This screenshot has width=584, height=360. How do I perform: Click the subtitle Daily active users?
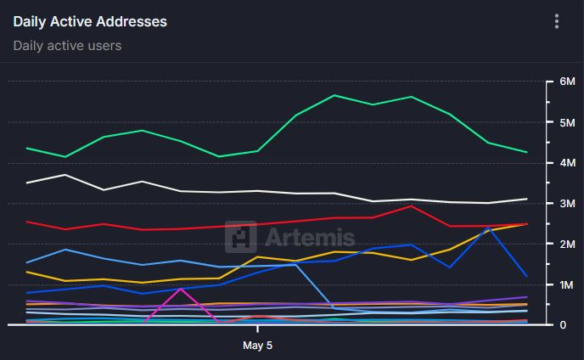tap(67, 45)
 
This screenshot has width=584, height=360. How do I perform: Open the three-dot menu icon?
tap(557, 21)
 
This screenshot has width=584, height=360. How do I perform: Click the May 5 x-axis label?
tap(257, 346)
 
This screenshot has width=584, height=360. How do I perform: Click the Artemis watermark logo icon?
tap(241, 237)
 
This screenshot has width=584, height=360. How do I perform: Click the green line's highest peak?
tap(334, 95)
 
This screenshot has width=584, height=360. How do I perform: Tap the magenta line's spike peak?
tap(180, 289)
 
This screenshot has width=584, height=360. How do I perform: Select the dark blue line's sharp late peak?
tap(489, 228)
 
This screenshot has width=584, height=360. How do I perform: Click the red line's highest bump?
tap(412, 205)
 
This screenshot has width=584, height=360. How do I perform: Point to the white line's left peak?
tap(65, 175)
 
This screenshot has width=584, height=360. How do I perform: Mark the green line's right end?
tap(527, 152)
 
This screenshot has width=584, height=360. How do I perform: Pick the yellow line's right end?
tap(527, 224)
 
